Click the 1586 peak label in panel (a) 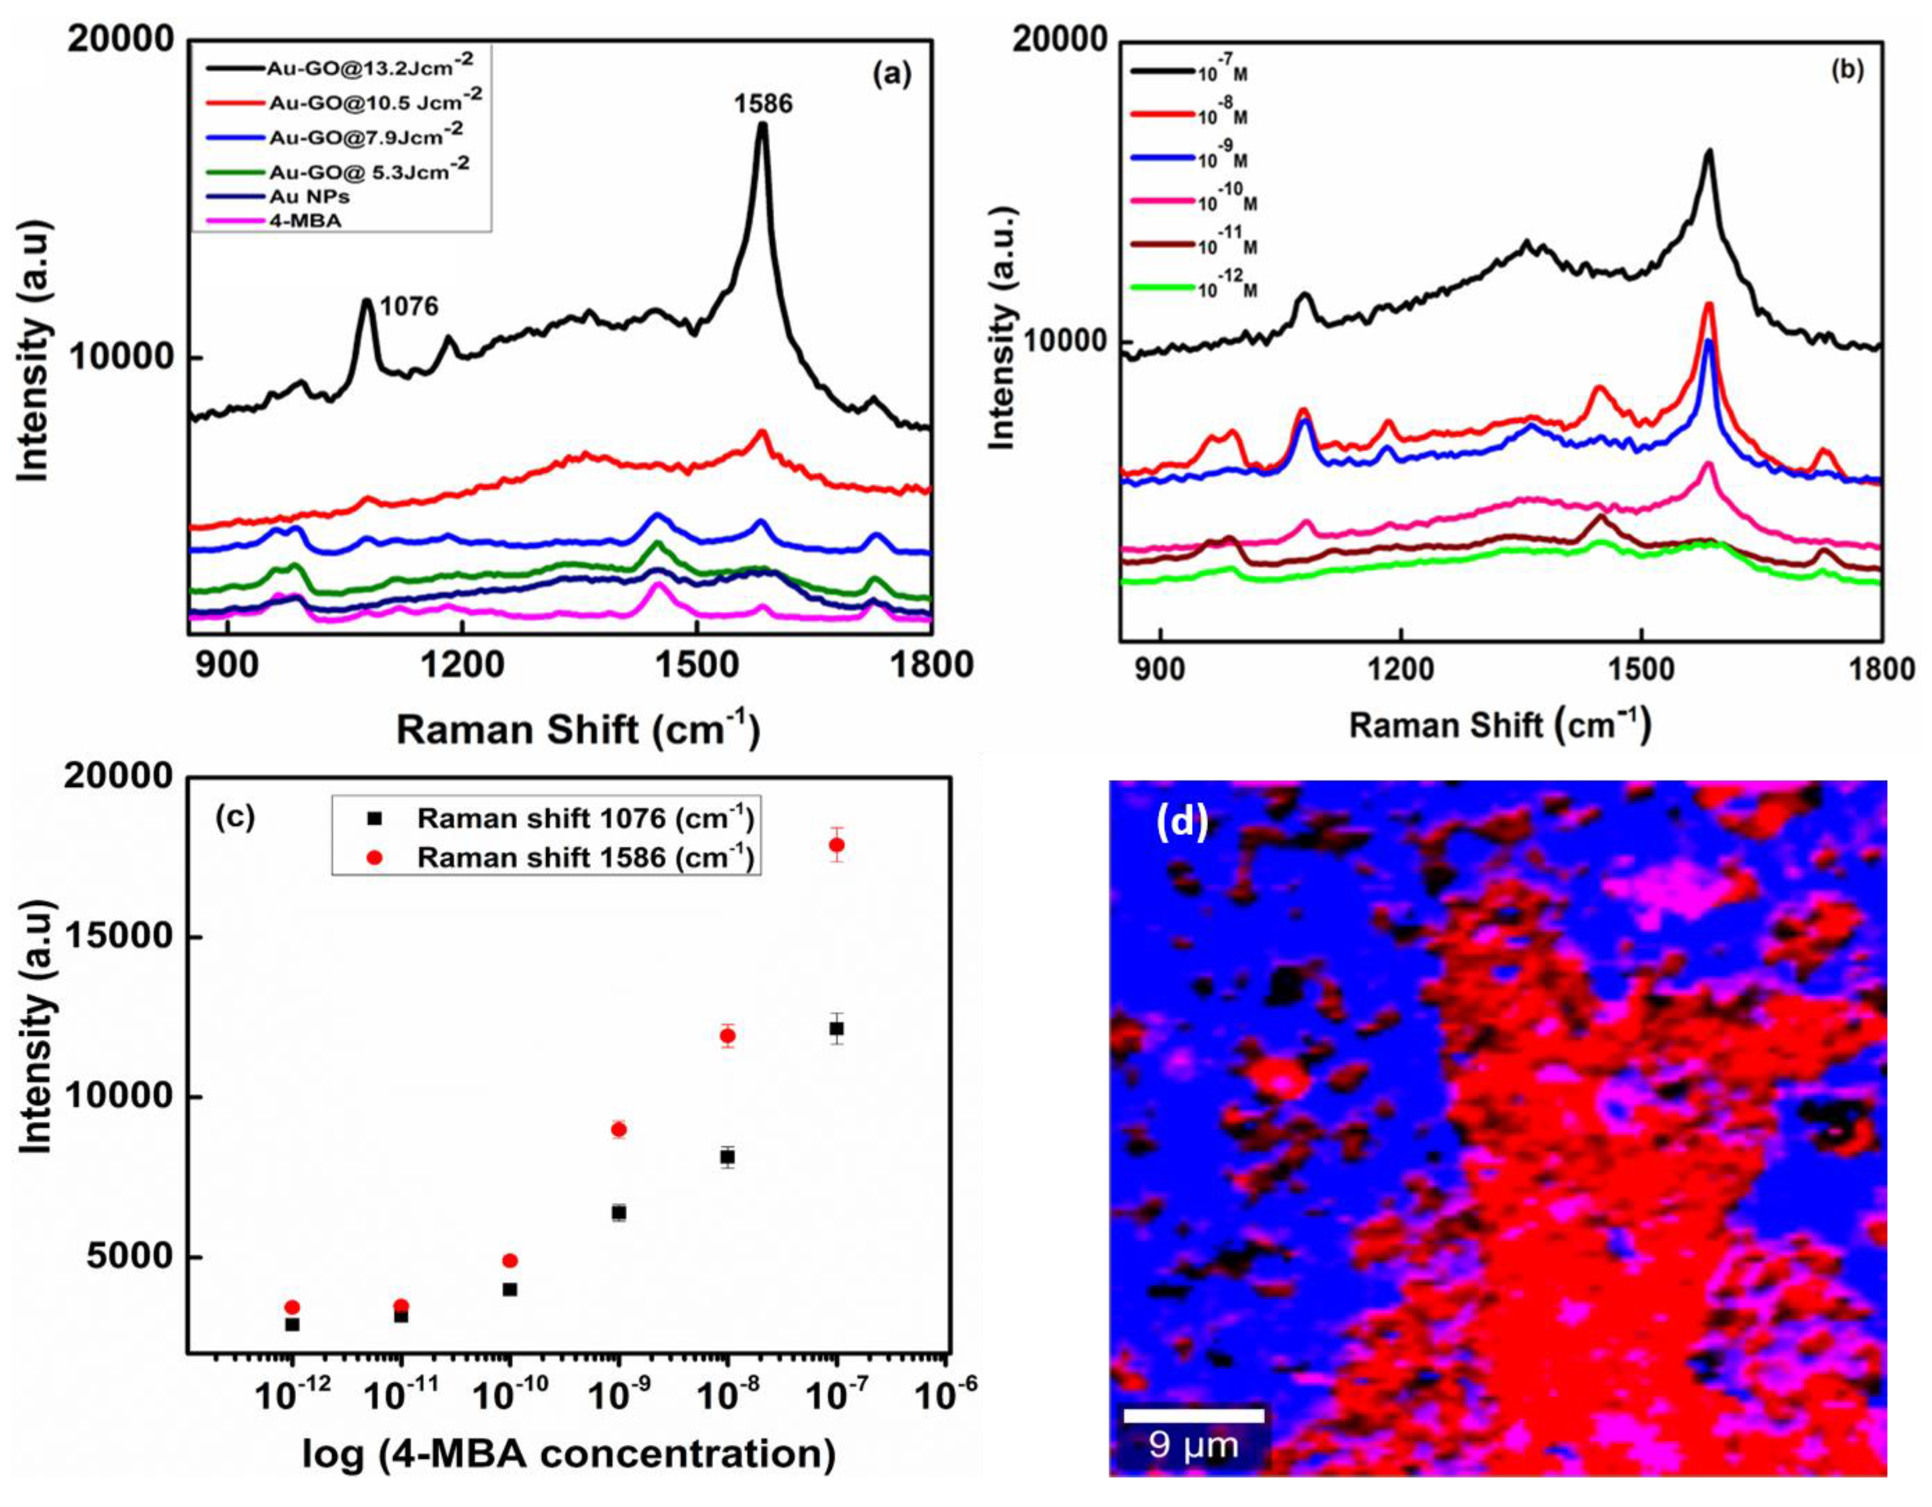pos(762,104)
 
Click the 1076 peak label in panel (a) pos(409,306)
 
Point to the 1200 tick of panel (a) pos(462,665)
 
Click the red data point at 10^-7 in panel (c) pos(836,844)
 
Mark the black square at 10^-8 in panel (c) pos(727,1156)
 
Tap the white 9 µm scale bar pos(1194,1416)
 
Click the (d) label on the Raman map pos(1182,823)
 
